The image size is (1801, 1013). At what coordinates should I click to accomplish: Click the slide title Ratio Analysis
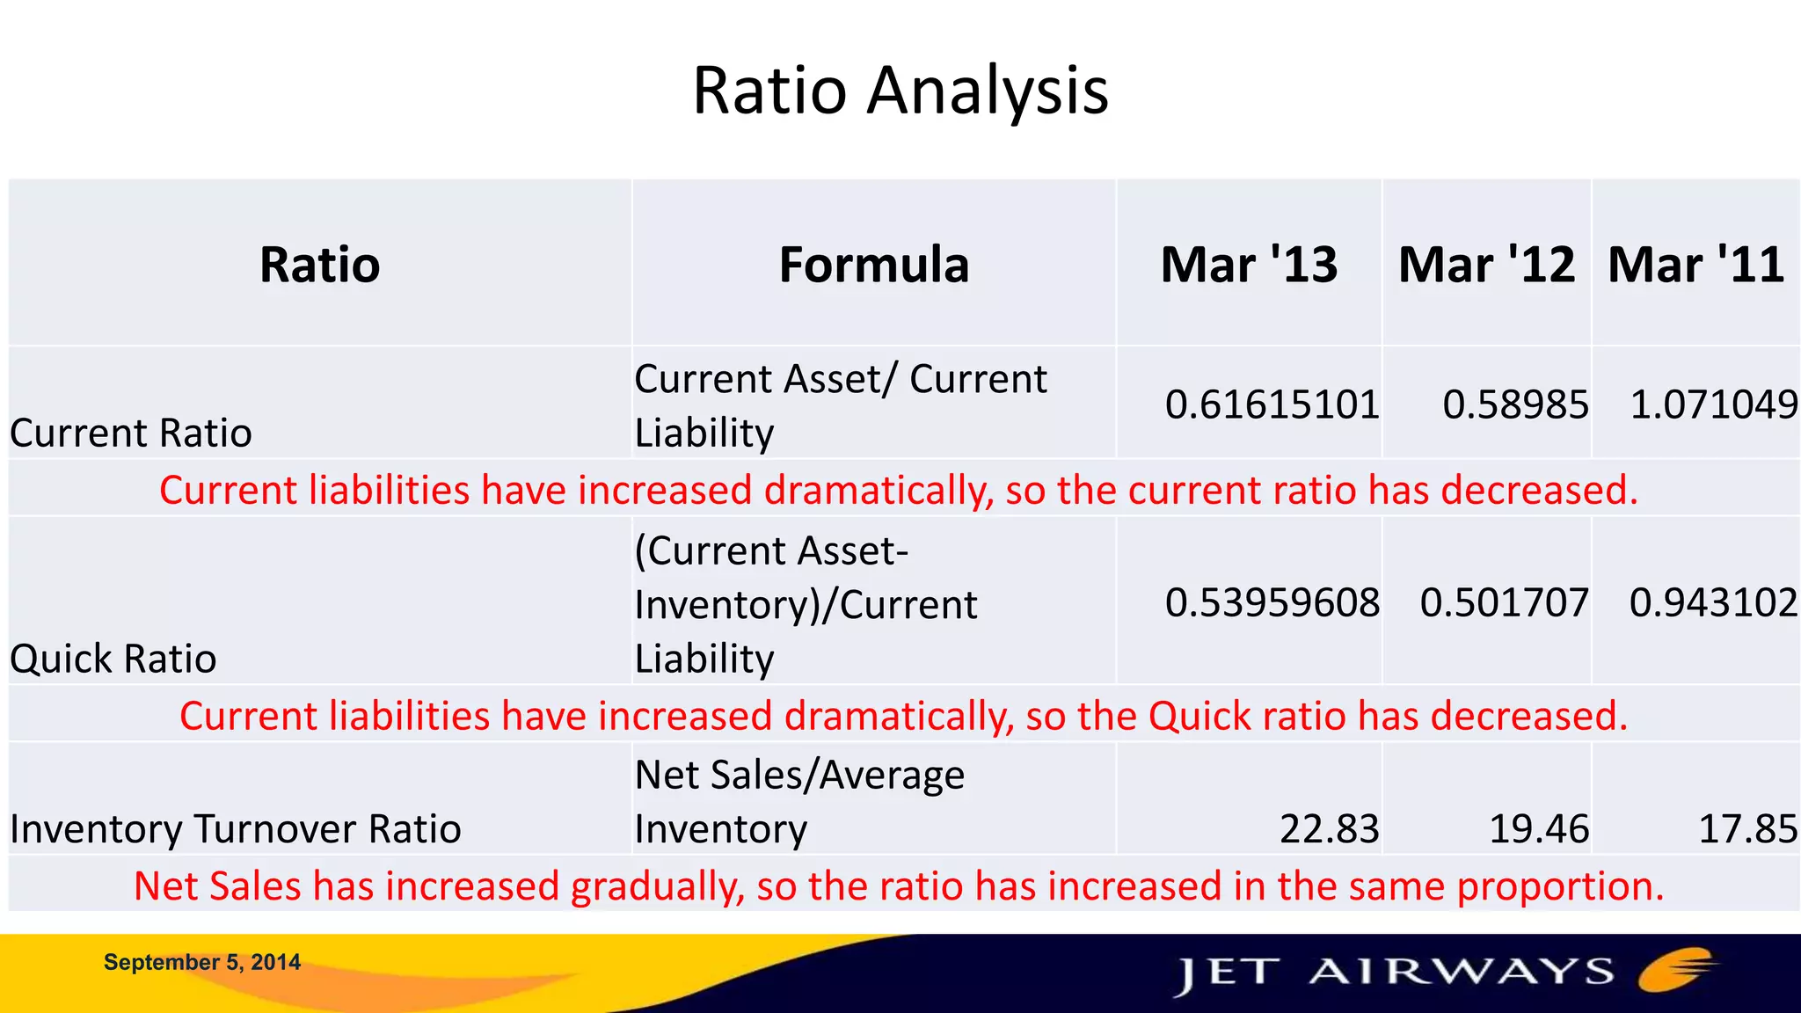pyautogui.click(x=900, y=91)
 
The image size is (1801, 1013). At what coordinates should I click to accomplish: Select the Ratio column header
pyautogui.click(x=319, y=265)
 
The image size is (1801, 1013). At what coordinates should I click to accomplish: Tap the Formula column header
pyautogui.click(x=873, y=265)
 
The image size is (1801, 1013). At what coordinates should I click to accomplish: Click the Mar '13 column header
pyautogui.click(x=1249, y=265)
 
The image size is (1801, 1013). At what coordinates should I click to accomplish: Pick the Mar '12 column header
pyautogui.click(x=1486, y=265)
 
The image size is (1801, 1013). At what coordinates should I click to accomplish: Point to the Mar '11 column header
pyautogui.click(x=1695, y=265)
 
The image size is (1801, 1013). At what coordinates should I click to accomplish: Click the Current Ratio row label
pyautogui.click(x=131, y=433)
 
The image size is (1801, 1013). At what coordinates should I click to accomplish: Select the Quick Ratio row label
pyautogui.click(x=113, y=659)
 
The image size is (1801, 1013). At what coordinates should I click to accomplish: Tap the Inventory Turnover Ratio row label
pyautogui.click(x=236, y=829)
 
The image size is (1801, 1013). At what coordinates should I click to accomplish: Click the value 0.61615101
pyautogui.click(x=1272, y=404)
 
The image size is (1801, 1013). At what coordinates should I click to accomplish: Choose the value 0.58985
pyautogui.click(x=1515, y=404)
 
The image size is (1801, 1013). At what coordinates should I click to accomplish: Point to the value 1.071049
pyautogui.click(x=1713, y=404)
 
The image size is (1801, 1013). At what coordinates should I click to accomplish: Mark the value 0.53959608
pyautogui.click(x=1272, y=602)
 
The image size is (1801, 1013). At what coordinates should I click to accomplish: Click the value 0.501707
pyautogui.click(x=1504, y=602)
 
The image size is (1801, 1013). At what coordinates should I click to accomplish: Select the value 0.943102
pyautogui.click(x=1713, y=602)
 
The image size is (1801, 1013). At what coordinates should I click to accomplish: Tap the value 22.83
pyautogui.click(x=1329, y=829)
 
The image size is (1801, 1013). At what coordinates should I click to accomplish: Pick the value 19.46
pyautogui.click(x=1539, y=829)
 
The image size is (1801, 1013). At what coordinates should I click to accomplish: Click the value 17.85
pyautogui.click(x=1747, y=829)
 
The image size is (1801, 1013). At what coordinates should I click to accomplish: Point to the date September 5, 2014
pyautogui.click(x=202, y=962)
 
